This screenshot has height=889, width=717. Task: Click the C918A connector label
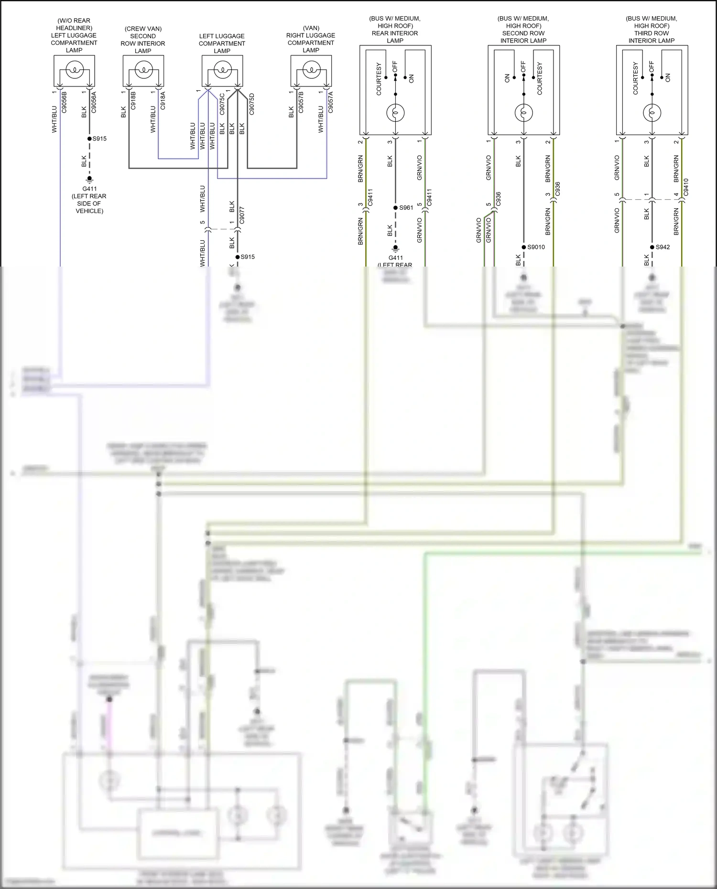point(163,101)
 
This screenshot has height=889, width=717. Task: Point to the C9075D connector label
point(252,104)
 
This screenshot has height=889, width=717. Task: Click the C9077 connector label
point(242,215)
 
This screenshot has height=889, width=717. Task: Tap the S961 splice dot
point(395,208)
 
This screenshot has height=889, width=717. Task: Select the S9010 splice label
point(536,247)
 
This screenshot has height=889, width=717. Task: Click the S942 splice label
point(663,247)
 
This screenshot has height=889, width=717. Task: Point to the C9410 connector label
point(686,188)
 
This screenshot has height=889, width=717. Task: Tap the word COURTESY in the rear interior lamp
point(379,79)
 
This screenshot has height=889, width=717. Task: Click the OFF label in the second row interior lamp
point(523,66)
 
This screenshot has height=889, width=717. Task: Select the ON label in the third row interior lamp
point(668,77)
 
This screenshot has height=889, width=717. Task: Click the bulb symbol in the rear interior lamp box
point(395,113)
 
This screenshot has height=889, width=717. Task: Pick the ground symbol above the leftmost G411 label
point(89,180)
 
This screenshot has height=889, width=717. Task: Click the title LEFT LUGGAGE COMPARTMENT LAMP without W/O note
point(222,43)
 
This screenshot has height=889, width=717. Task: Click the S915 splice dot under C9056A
point(89,139)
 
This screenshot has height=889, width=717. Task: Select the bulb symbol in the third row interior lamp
point(652,113)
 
